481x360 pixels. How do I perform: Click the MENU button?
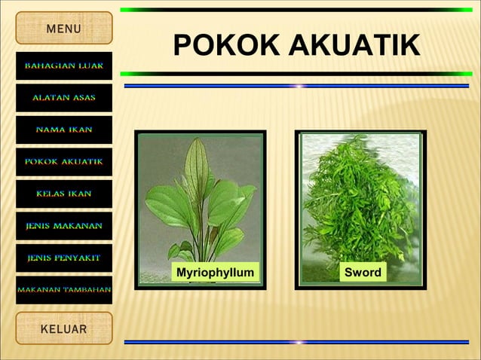(64, 29)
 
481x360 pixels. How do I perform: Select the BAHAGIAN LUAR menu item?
(64, 66)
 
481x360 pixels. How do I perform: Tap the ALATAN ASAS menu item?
(64, 98)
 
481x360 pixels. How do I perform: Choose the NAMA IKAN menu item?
(64, 130)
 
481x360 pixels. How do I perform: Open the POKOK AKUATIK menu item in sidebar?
(64, 161)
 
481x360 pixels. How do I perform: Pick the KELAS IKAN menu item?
(64, 194)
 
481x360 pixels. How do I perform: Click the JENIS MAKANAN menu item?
(64, 225)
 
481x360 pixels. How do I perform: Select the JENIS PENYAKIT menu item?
(64, 258)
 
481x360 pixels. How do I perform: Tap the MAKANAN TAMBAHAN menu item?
(64, 290)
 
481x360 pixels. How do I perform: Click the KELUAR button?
(64, 329)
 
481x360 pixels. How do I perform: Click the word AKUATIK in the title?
(354, 46)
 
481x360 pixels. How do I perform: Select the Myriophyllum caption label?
(214, 272)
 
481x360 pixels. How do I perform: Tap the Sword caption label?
(363, 272)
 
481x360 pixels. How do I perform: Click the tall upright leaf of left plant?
(197, 169)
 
